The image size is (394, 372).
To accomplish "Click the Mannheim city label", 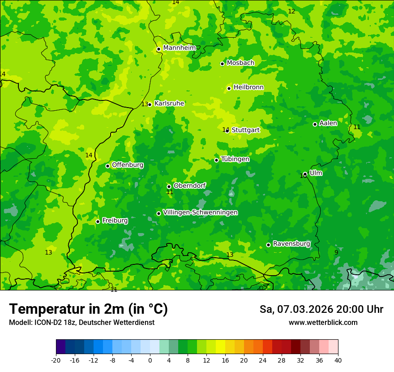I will pos(180,48).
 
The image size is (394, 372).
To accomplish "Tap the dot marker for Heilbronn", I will pos(229,88).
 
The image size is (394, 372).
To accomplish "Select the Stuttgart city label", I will pos(246,130).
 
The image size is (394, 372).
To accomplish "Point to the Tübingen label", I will pos(235,159).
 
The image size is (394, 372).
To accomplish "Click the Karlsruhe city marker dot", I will pos(150,104).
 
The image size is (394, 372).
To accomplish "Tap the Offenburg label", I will pos(128,165).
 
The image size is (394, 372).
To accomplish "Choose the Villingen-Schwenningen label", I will pos(200,212).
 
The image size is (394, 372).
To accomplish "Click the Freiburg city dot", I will pos(98,221).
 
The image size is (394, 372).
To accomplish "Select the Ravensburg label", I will pos(291,244).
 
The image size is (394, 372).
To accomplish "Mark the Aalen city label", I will pos(328,123).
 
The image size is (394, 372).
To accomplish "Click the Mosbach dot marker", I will pos(222,64).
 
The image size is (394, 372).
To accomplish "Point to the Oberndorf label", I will pos(190,186).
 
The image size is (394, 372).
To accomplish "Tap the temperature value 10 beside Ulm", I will pos(303,176).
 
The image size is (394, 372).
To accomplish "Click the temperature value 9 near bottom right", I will pos(336,252).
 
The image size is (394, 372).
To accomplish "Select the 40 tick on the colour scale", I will pos(338,360).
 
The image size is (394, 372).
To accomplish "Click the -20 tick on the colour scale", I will pos(56,360).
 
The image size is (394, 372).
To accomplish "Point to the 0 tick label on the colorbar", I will pos(150,360).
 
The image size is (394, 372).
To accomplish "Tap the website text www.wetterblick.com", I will pos(323,322).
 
